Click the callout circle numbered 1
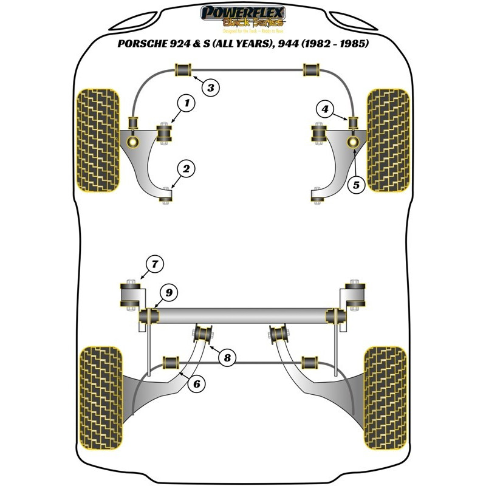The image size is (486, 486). click(x=188, y=104)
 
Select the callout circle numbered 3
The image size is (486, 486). click(x=210, y=88)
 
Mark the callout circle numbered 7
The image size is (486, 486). click(x=155, y=265)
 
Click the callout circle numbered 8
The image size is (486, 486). click(x=227, y=358)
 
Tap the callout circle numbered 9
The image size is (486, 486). click(x=168, y=293)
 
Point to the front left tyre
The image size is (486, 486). click(x=97, y=140)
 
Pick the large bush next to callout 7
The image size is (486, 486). click(x=130, y=293)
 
